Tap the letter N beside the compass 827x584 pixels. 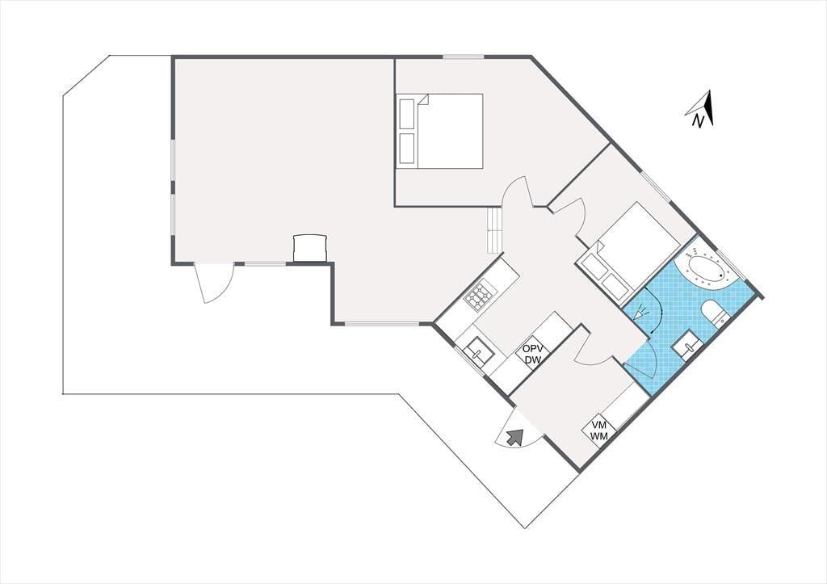(699, 121)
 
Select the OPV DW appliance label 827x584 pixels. (533, 354)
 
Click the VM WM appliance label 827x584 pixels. (599, 430)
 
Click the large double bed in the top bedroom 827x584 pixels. (440, 131)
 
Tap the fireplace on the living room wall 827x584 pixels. (310, 248)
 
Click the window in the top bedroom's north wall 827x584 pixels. (463, 57)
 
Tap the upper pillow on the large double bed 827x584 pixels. (407, 113)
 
